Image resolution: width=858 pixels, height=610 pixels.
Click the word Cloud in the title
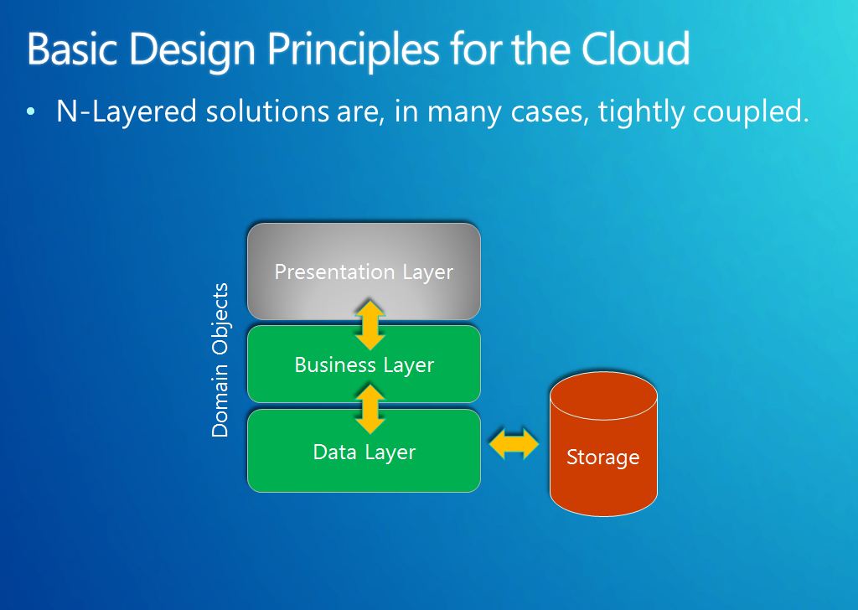point(635,48)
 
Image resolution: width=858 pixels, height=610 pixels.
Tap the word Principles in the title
point(353,50)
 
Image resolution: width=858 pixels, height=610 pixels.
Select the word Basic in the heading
point(72,49)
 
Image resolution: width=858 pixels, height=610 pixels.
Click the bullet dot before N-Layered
point(31,112)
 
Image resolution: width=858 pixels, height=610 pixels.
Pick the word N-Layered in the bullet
point(127,112)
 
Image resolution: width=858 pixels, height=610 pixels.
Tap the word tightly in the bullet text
point(640,112)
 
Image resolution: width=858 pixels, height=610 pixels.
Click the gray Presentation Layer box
point(364,271)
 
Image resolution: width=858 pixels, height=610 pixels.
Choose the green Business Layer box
point(364,364)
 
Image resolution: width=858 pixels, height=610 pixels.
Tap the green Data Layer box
point(364,451)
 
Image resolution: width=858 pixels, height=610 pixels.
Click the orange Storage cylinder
point(603,444)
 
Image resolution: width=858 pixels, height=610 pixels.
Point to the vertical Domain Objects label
point(220,359)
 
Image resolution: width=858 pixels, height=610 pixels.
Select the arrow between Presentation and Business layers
point(370,324)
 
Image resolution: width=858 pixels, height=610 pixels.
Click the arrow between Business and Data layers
point(370,409)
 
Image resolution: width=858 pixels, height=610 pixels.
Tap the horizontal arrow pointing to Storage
point(514,443)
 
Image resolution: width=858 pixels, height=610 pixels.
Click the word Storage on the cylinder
point(603,457)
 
